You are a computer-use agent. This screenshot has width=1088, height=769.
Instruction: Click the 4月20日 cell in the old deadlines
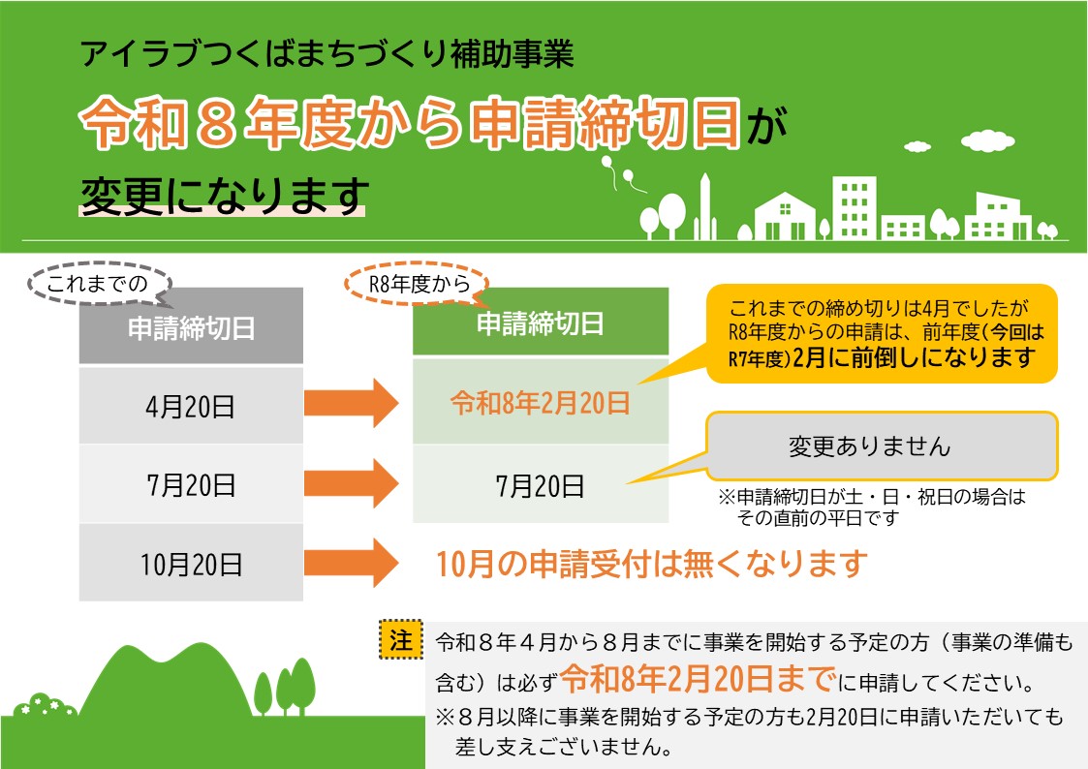point(190,405)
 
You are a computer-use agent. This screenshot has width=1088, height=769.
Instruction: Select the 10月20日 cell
point(190,562)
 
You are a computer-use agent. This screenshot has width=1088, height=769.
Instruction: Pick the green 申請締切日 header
point(540,323)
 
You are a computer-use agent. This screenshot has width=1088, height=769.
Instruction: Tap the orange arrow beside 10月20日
point(351,562)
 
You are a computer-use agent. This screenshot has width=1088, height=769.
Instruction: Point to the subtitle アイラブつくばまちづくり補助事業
point(327,54)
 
